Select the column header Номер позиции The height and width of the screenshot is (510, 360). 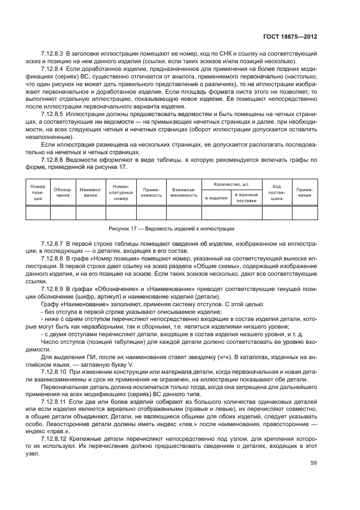(38, 192)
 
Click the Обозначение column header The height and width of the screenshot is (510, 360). (63, 192)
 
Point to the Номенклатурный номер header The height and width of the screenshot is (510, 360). (120, 192)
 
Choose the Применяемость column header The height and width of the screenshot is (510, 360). (151, 192)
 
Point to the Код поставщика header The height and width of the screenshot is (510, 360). (277, 192)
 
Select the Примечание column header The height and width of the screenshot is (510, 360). (304, 192)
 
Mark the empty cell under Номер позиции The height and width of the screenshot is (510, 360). (38, 212)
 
